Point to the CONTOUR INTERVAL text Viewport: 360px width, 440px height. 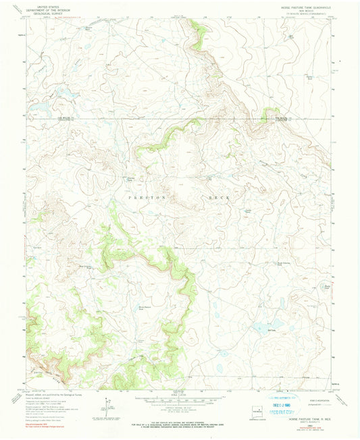[180, 410]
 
